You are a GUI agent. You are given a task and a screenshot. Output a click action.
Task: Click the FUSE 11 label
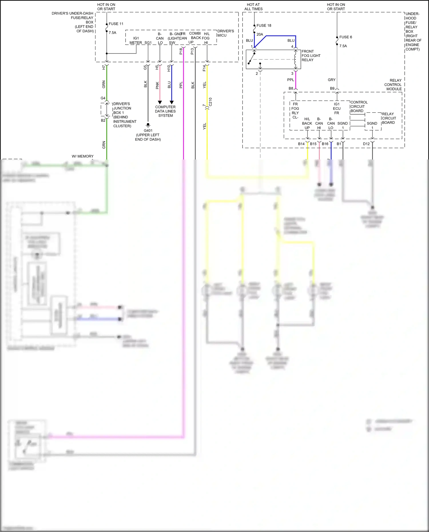coord(116,24)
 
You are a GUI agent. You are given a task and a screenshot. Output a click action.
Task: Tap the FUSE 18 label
coord(264,25)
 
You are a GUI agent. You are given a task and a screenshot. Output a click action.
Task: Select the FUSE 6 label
coord(345,37)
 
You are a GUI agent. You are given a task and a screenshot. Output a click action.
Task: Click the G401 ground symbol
coord(148,125)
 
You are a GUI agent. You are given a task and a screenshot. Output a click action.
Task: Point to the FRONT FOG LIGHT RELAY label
coord(311,56)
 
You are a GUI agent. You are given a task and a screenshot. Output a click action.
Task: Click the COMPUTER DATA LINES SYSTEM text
coord(165,111)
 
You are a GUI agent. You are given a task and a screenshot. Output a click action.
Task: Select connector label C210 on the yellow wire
coord(210,102)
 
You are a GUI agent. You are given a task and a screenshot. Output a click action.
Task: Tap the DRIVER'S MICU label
coord(225,33)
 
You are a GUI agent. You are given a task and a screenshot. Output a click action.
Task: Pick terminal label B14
coord(301,144)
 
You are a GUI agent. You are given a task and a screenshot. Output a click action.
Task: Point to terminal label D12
coord(366,144)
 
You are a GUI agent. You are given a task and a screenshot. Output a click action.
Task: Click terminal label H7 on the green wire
coord(104,68)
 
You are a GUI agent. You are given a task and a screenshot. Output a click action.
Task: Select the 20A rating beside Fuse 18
coord(260,34)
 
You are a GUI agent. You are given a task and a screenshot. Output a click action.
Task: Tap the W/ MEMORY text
coord(83,156)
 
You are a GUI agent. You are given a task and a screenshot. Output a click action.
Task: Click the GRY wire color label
coord(331,80)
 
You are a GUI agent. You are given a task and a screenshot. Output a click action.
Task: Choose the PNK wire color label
coord(157,85)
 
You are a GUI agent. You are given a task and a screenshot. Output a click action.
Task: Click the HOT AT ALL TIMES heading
coord(253,7)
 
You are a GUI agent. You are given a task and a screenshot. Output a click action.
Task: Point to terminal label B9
coord(332,88)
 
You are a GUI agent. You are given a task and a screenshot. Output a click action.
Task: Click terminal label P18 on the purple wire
coord(181,51)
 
